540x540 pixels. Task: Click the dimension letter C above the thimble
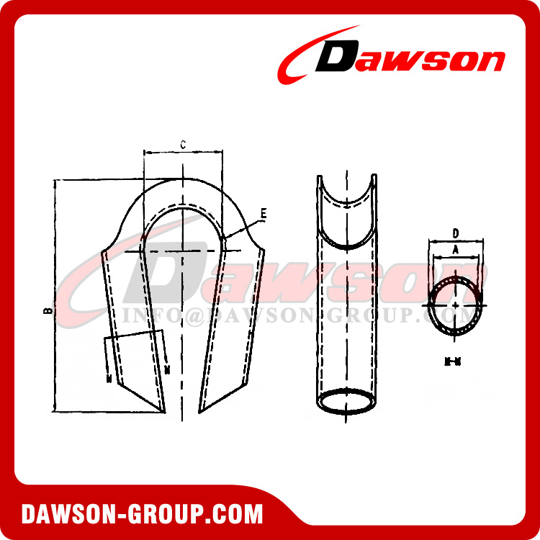pyautogui.click(x=183, y=145)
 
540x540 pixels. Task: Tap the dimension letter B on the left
pyautogui.click(x=47, y=310)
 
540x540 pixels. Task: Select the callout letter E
pyautogui.click(x=264, y=213)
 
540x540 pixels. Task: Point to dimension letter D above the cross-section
pyautogui.click(x=456, y=233)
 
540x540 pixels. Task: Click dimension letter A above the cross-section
pyautogui.click(x=455, y=248)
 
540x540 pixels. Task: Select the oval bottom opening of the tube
pyautogui.click(x=346, y=401)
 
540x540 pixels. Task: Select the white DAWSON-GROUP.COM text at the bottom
pyautogui.click(x=143, y=514)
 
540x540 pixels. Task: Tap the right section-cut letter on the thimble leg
pyautogui.click(x=168, y=370)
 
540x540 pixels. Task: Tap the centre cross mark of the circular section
pyautogui.click(x=456, y=305)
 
